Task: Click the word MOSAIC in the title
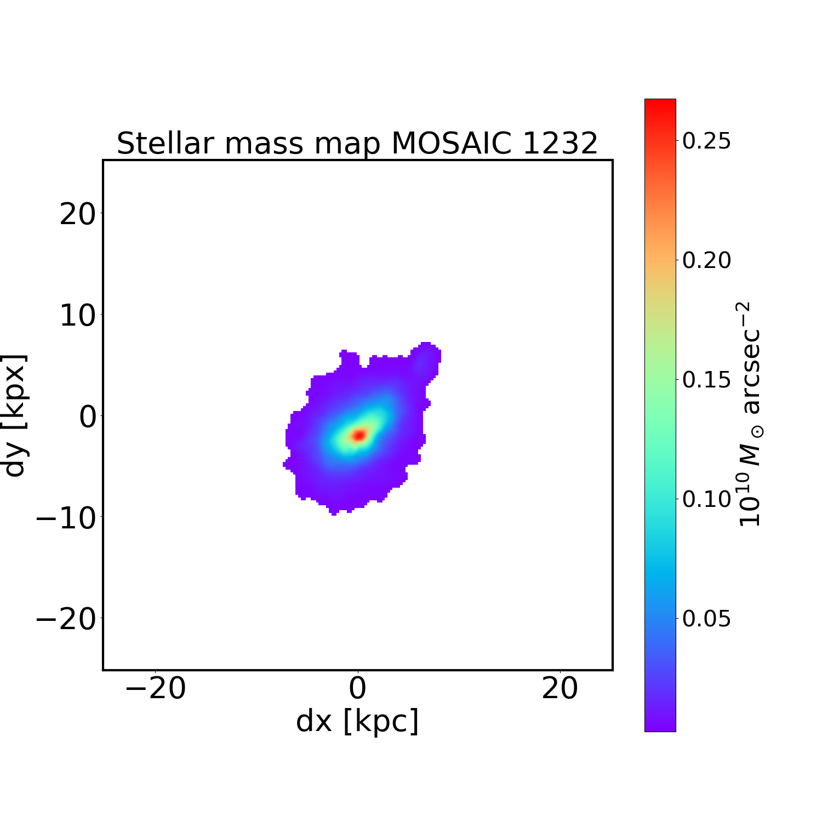point(451,144)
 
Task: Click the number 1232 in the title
point(560,144)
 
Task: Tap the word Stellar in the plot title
point(165,144)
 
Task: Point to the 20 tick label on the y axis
point(77,215)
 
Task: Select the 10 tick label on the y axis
point(77,316)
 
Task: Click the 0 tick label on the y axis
point(88,418)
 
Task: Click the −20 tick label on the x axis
point(155,689)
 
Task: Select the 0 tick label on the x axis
point(357,689)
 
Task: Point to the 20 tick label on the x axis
point(560,689)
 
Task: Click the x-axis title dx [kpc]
point(357,722)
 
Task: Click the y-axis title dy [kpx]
point(15,415)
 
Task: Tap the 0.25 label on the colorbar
point(706,141)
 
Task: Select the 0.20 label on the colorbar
point(706,261)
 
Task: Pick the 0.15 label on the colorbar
point(706,380)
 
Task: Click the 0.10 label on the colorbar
point(706,499)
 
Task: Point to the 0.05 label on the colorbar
point(706,619)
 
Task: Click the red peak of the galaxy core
point(358,435)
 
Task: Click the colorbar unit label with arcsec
point(750,415)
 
